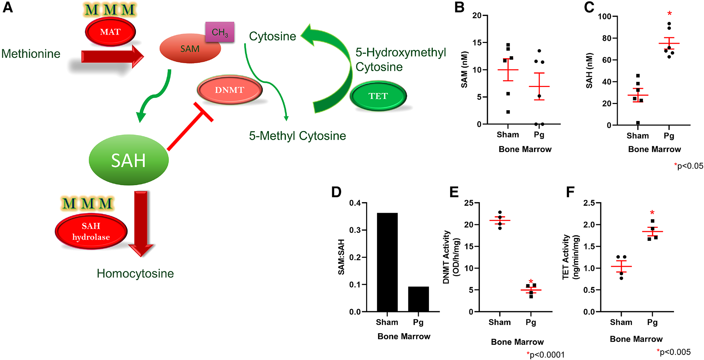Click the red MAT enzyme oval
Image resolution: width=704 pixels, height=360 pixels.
coord(110,32)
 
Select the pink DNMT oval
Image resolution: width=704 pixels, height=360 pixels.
coord(230,90)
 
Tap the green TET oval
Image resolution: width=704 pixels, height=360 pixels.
coord(378,96)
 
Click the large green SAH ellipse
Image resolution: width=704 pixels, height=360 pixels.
coord(129,160)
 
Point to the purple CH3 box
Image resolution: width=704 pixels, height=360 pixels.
coord(220,32)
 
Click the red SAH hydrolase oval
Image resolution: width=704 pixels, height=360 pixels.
coord(91,231)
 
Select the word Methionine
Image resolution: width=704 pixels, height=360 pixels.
coord(31,54)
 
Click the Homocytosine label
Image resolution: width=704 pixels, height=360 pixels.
coord(135,274)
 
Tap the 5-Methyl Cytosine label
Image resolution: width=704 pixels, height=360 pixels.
coord(297,136)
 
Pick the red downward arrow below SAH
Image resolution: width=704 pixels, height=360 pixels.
coord(141,222)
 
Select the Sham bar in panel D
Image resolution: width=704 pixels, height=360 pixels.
coord(387,262)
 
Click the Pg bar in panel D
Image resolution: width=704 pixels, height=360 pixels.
coord(418,299)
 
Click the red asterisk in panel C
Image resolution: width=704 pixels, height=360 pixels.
coord(669,14)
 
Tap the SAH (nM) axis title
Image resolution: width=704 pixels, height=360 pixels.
coord(589,70)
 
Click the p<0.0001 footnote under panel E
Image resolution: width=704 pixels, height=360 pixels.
coord(546,355)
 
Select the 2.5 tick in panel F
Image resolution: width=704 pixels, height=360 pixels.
coord(589,203)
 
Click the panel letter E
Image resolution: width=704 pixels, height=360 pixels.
coord(454,192)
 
